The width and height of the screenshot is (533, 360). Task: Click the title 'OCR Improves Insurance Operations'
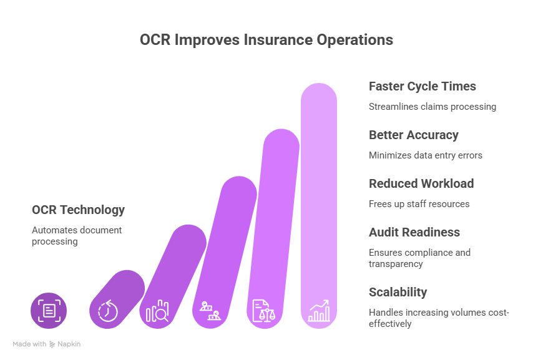coord(266,40)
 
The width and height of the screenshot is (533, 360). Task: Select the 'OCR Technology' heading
coord(79,210)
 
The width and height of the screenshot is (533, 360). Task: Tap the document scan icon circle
coord(49,310)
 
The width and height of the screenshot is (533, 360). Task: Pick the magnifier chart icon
coord(157,310)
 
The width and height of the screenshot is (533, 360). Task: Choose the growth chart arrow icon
coord(319,310)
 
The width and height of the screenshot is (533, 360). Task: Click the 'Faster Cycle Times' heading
coord(423,86)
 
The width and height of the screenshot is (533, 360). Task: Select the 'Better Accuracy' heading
coord(413,135)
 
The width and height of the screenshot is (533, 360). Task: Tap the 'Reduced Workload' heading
coord(421,183)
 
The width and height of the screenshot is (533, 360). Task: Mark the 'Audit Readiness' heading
coord(414,232)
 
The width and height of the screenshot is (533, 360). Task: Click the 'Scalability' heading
coord(398,292)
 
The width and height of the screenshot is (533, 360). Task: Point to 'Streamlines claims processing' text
coord(433,107)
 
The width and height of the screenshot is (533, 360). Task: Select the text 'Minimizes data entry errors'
coord(426,155)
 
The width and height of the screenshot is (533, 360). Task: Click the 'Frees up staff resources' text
coord(419,204)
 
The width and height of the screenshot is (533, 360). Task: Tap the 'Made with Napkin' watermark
coord(47,344)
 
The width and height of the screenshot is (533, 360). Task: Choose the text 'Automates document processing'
coord(77,235)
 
